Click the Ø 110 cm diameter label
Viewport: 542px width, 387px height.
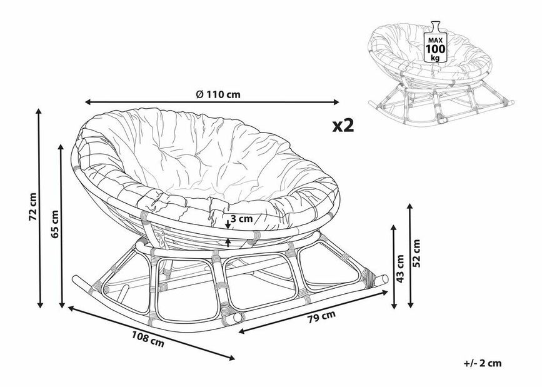point(218,94)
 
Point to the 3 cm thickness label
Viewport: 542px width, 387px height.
point(241,219)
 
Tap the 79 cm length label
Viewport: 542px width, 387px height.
point(321,317)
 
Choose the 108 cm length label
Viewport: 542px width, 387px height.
point(148,339)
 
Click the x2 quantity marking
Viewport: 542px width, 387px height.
point(343,126)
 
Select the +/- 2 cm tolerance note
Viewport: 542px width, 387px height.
point(483,363)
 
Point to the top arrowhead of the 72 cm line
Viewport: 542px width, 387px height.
point(39,112)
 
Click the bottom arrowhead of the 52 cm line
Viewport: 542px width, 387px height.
point(410,304)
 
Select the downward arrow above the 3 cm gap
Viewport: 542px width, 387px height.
point(228,224)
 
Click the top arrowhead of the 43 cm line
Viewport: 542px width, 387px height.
point(393,228)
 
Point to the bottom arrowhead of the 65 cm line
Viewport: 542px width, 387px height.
point(62,304)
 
